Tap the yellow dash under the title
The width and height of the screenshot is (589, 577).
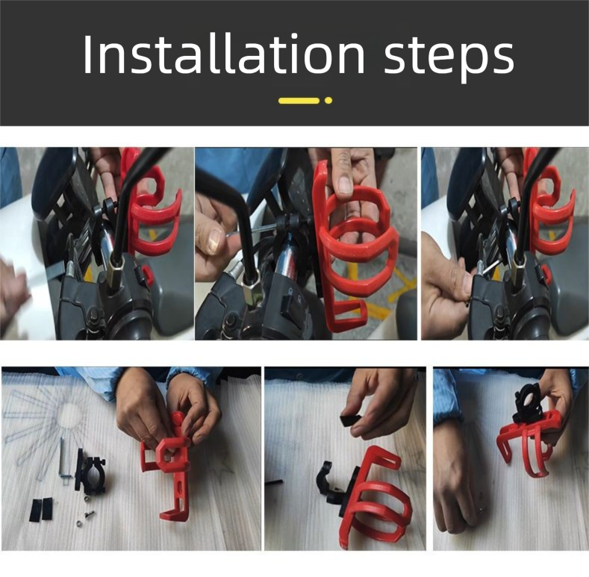coord(299,100)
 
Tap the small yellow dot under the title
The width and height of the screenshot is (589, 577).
coord(328,100)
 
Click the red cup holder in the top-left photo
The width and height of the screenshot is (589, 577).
coord(158,209)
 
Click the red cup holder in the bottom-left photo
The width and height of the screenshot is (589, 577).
coord(168,470)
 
